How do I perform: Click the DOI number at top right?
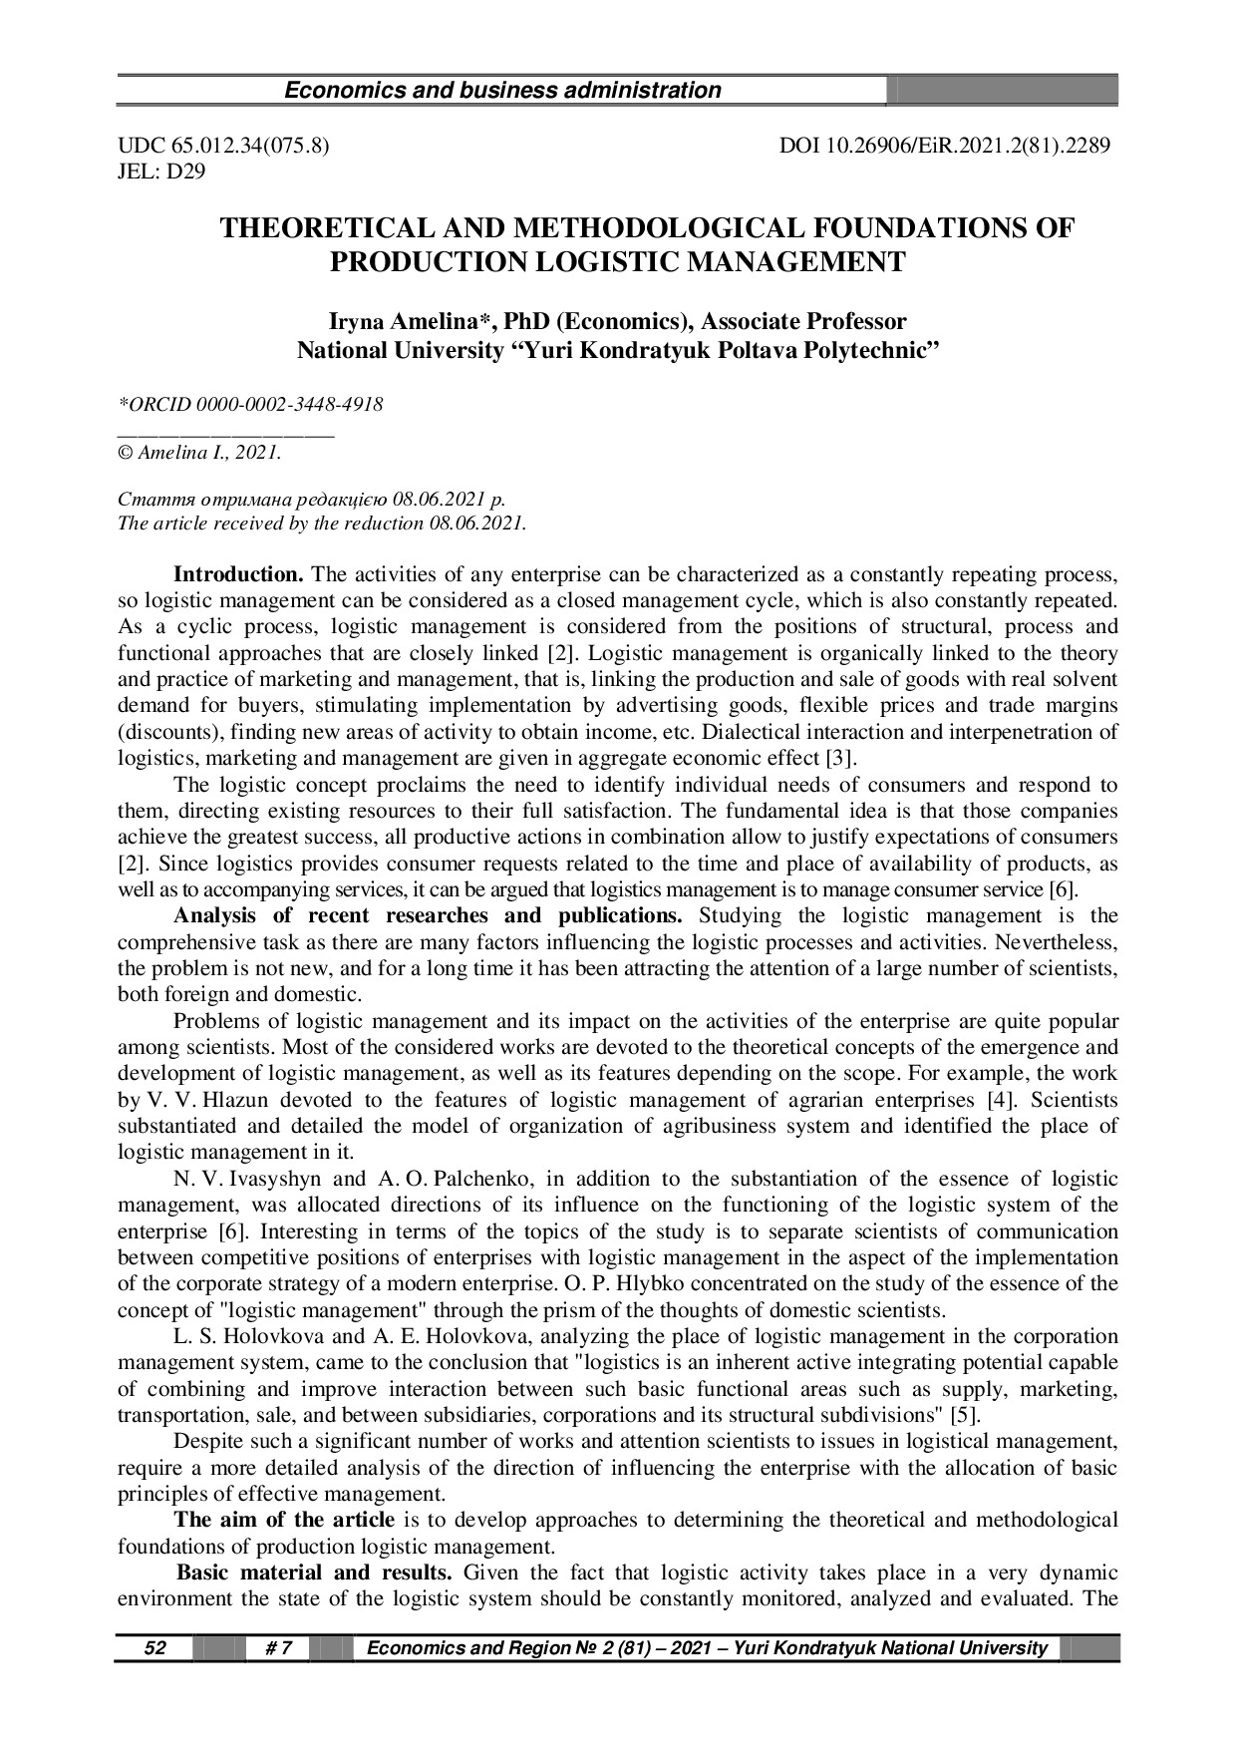click(945, 146)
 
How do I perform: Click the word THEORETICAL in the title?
click(327, 228)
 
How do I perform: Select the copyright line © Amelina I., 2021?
click(199, 454)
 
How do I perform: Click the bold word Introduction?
click(238, 575)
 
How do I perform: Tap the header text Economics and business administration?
click(502, 91)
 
